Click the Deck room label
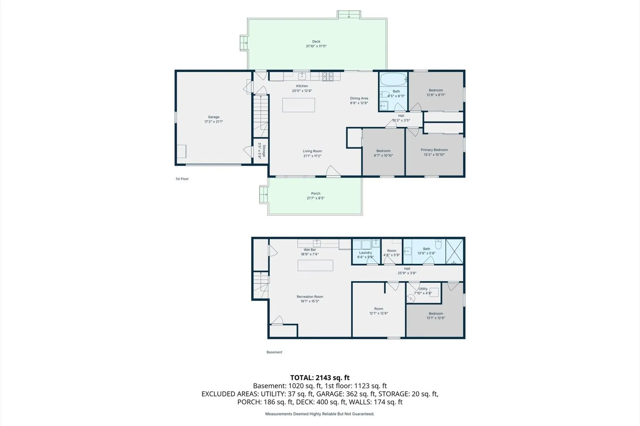point(316,44)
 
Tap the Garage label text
point(213,119)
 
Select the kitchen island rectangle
point(299,105)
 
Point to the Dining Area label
point(359,101)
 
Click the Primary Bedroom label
point(434,152)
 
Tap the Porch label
point(316,196)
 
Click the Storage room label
point(262,151)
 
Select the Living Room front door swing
point(333,171)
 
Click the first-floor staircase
point(261,116)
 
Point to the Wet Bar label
point(310,252)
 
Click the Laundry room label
point(365,255)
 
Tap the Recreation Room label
point(310,299)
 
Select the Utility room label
point(423,291)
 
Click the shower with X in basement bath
point(454,251)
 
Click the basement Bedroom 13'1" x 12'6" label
point(436,316)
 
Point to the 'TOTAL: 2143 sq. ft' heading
point(320,378)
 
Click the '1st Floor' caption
point(182,179)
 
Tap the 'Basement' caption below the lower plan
point(274,352)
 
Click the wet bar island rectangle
point(315,265)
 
